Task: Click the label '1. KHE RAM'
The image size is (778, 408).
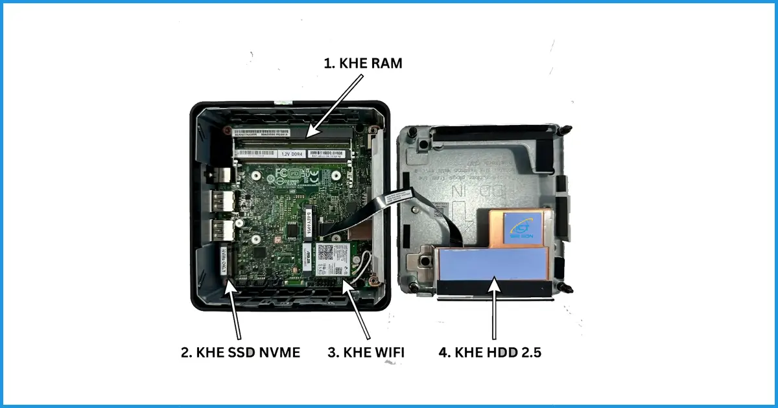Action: [x=364, y=63]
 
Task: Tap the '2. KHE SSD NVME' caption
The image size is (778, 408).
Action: [x=240, y=353]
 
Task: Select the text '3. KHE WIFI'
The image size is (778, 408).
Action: [x=366, y=353]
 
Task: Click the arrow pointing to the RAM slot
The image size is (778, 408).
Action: [x=335, y=104]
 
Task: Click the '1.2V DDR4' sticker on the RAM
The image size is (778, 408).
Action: [x=293, y=155]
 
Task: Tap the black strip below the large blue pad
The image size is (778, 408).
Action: [x=496, y=288]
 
